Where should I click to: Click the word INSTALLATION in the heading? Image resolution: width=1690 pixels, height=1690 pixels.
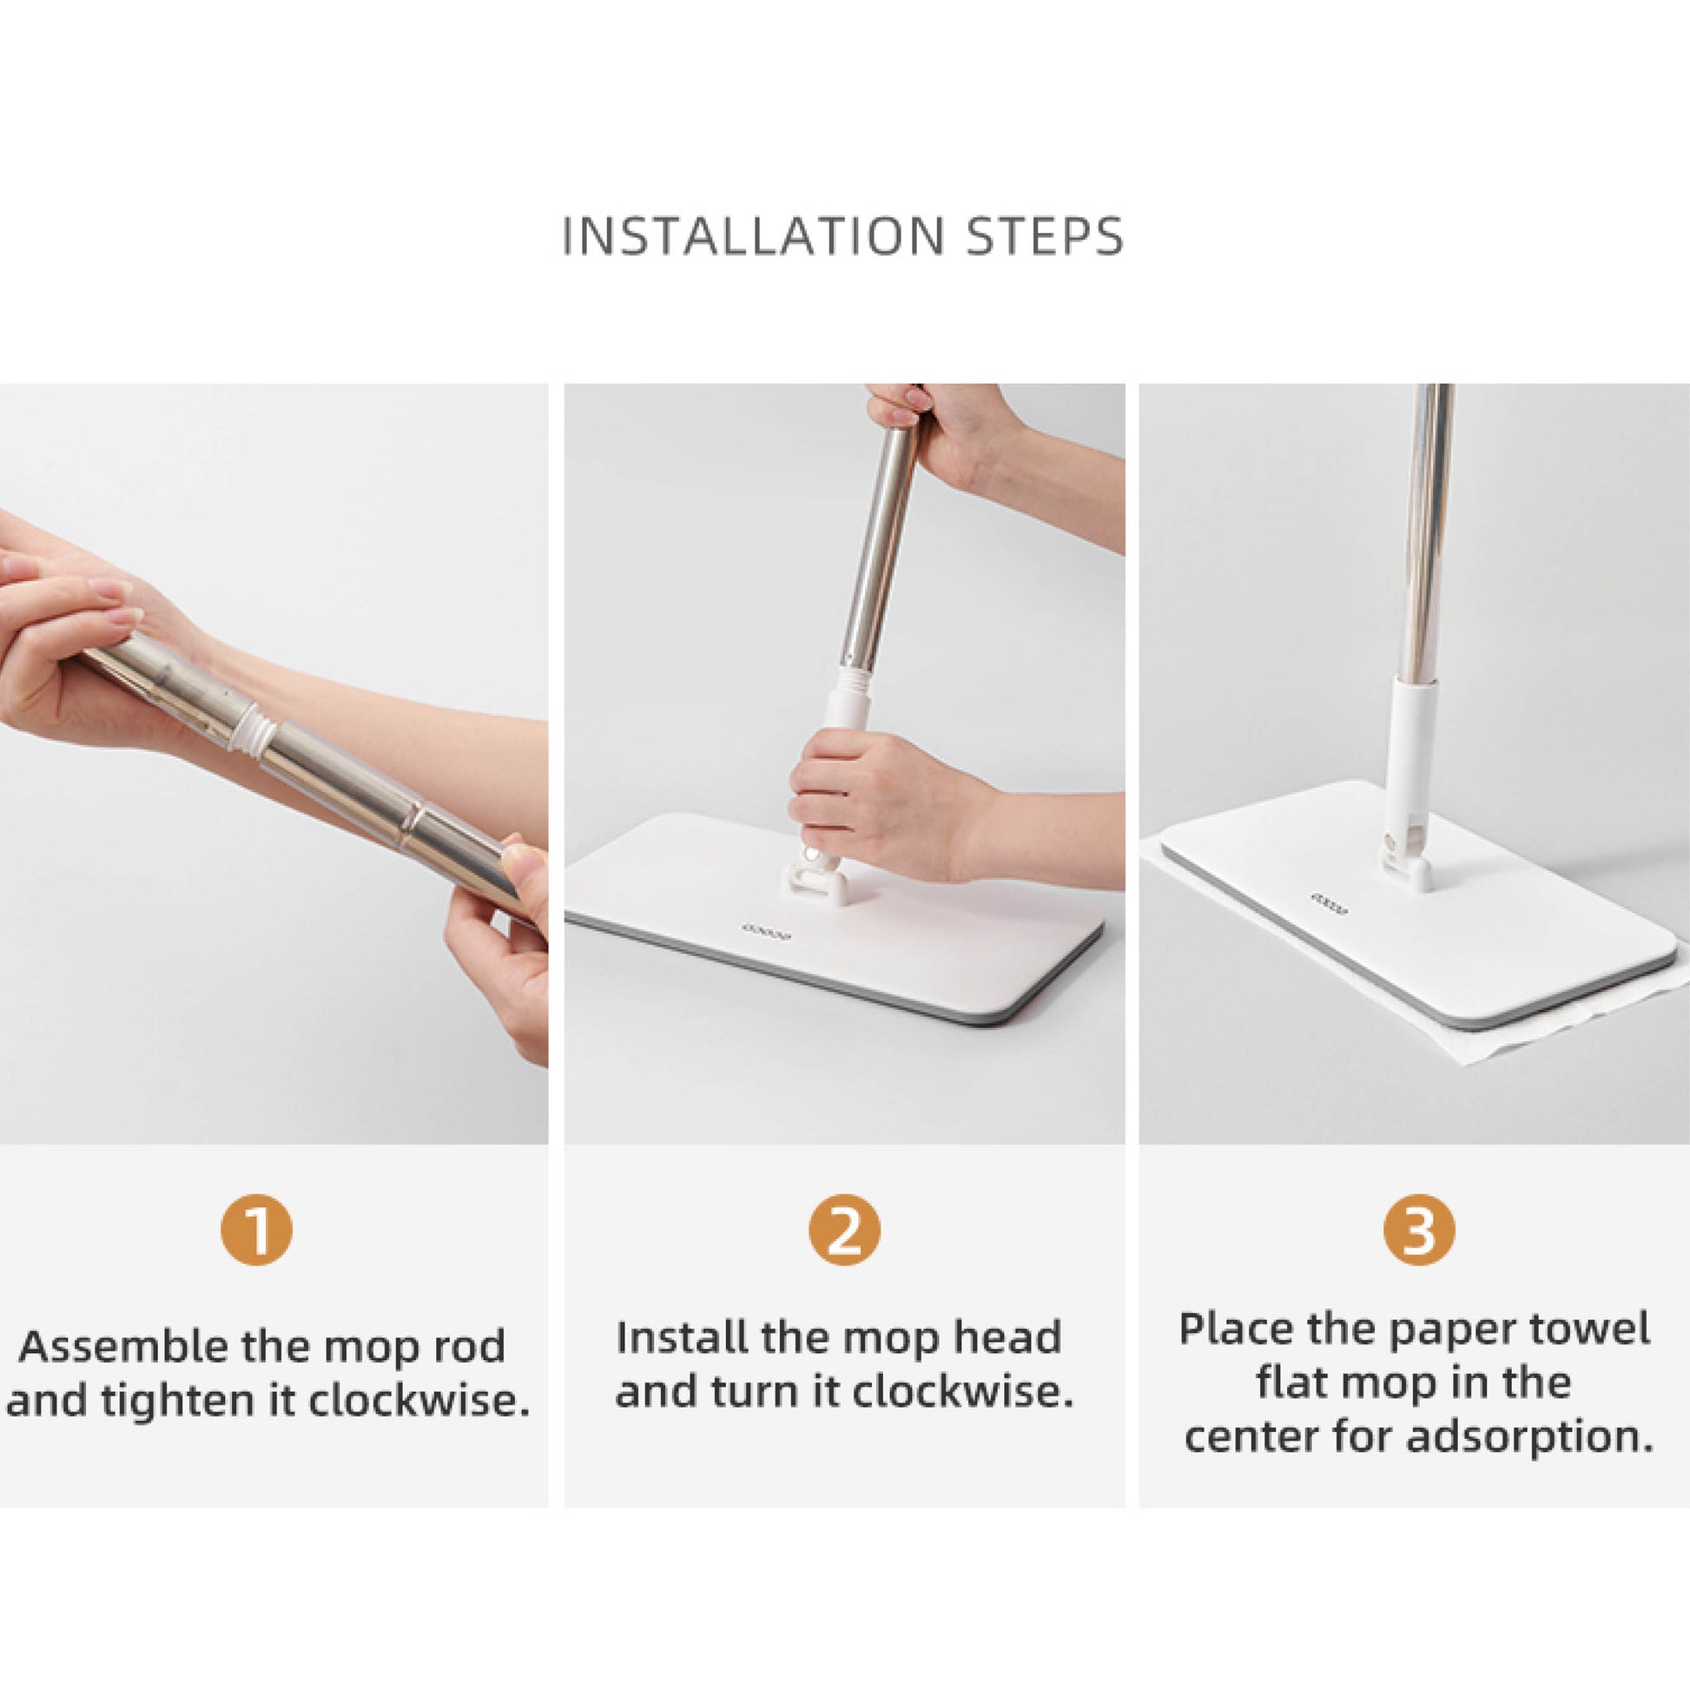(753, 236)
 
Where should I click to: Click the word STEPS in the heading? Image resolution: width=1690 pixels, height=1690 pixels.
(1046, 236)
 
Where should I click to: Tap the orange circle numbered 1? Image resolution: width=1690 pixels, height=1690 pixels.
(255, 1230)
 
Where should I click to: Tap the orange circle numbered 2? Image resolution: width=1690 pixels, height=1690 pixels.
(844, 1230)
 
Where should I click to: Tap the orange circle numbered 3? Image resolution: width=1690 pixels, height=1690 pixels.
(1419, 1230)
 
